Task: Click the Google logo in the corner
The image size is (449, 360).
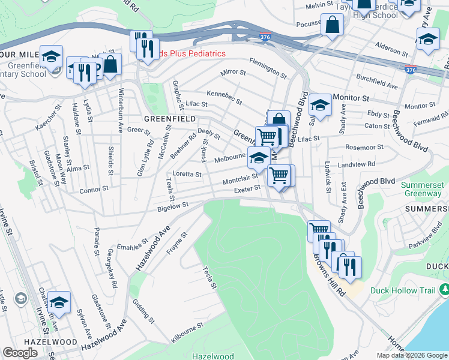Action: coord(21,353)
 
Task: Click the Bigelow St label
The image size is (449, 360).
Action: coord(173,206)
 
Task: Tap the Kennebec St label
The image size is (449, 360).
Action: coord(224,97)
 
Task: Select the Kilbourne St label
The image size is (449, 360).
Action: coord(187,333)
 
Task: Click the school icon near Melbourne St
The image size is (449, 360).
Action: coord(259,158)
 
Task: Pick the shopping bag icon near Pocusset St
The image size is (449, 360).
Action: coord(331,26)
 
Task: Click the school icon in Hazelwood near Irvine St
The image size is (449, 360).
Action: coord(59,302)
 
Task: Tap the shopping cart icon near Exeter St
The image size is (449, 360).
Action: coord(279,175)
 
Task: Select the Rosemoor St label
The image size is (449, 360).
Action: coord(364,147)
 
